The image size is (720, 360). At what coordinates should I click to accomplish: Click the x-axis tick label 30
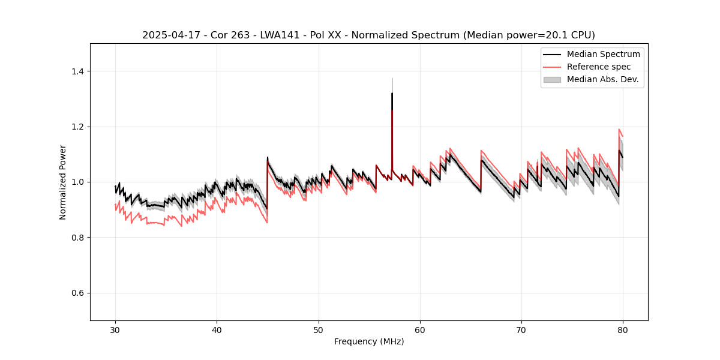click(115, 329)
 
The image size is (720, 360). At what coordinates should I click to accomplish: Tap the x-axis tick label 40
click(217, 329)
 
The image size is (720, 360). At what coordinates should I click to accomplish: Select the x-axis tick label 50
click(318, 329)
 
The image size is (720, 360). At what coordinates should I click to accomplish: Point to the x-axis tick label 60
click(420, 329)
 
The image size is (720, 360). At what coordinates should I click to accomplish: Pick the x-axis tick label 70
click(521, 329)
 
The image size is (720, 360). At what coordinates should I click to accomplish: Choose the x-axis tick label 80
click(623, 329)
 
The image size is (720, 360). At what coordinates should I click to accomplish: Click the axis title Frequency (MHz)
click(369, 341)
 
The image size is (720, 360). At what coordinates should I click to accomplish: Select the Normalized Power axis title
click(63, 182)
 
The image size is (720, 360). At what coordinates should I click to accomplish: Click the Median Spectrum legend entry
click(603, 54)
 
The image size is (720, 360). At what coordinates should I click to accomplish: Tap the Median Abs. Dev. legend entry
click(602, 79)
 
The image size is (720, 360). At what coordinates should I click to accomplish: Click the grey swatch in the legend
click(552, 79)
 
